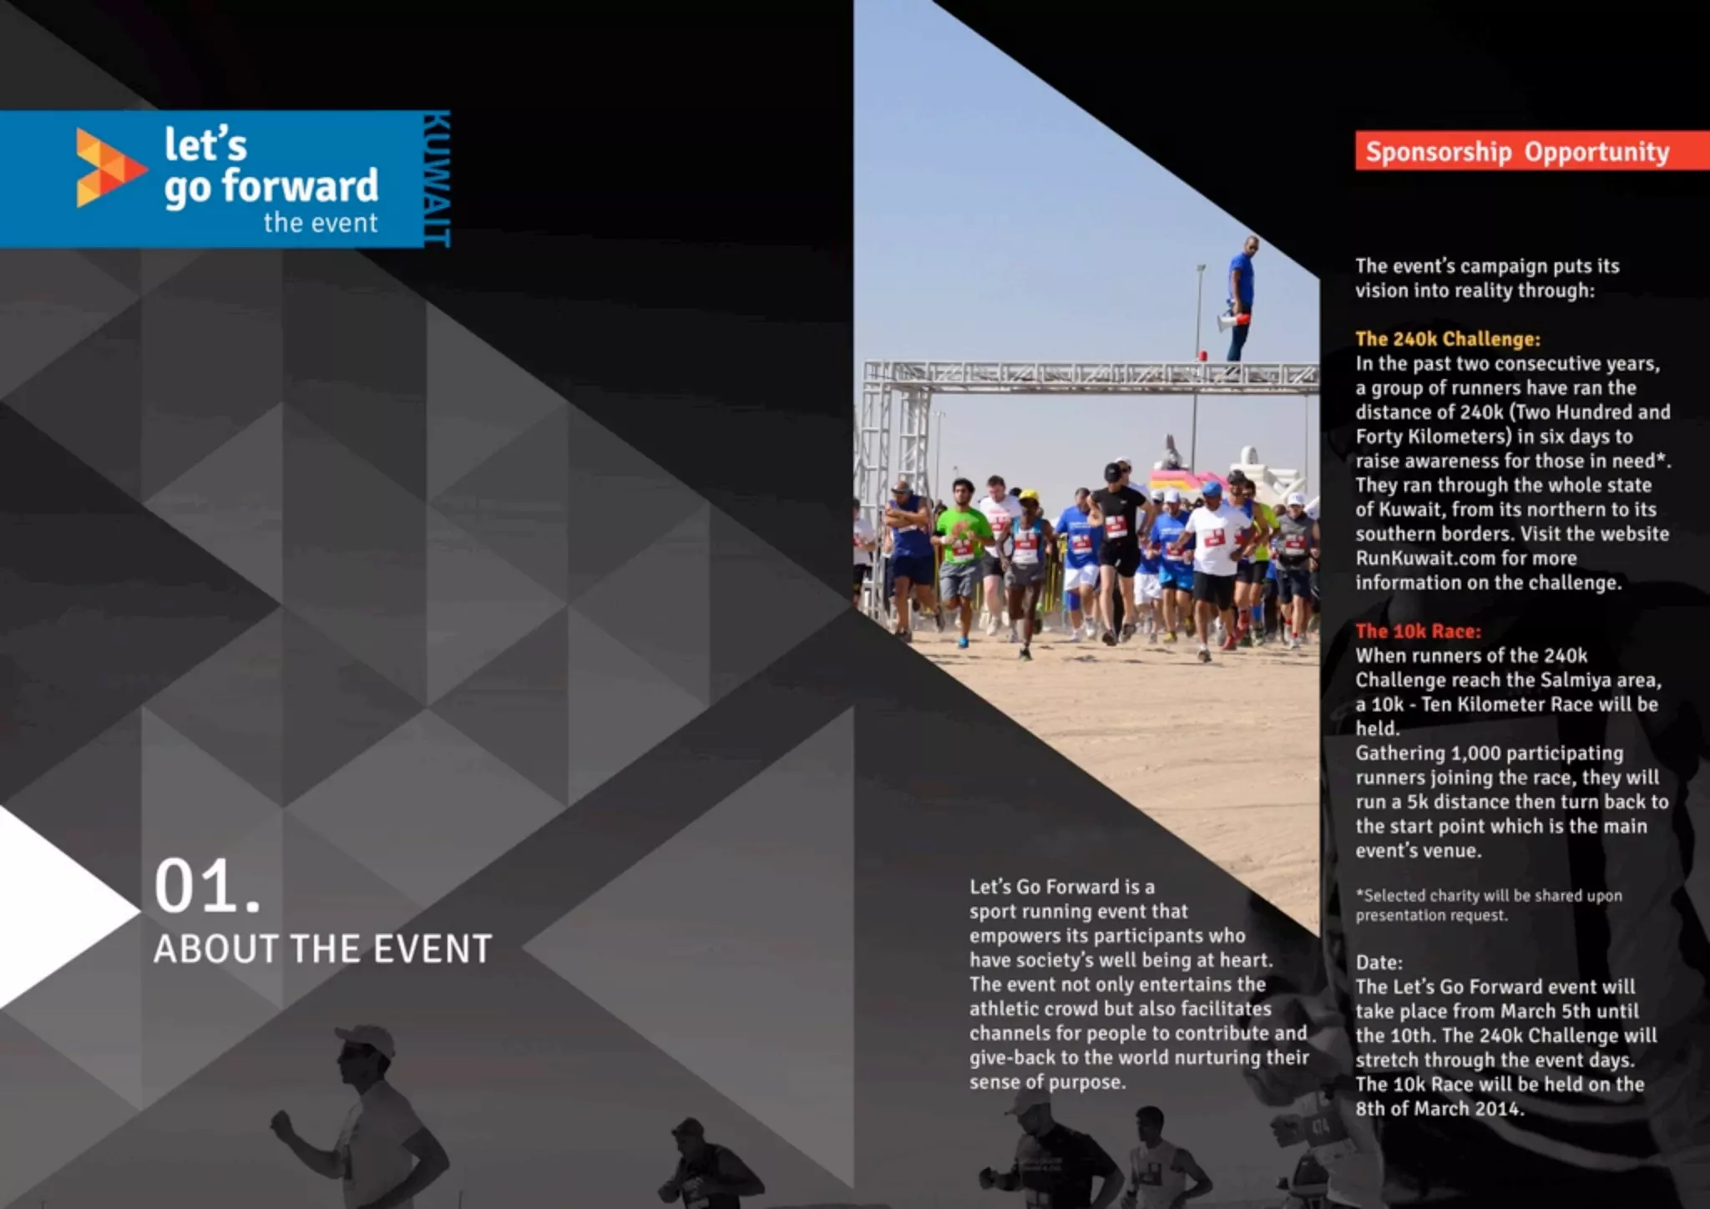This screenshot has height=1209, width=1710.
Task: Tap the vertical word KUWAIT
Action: (436, 179)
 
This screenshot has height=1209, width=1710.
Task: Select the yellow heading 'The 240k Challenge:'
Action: (1447, 339)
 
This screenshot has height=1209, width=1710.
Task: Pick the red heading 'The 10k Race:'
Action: (1418, 631)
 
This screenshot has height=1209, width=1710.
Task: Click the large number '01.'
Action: (206, 887)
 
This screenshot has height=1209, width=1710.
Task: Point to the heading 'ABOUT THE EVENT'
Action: (322, 949)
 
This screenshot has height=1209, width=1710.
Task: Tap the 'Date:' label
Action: (1379, 962)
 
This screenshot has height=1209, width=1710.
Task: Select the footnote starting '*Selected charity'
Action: (1488, 905)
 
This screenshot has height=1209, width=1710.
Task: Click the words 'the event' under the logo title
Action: (321, 223)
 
